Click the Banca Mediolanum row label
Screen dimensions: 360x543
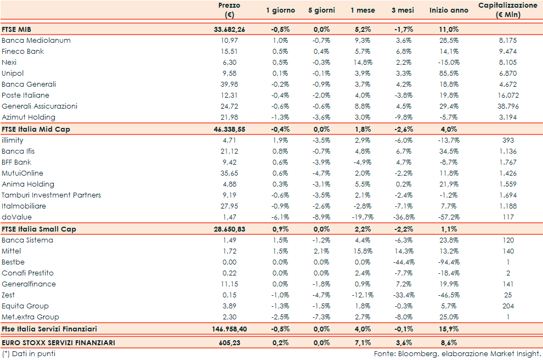click(x=36, y=40)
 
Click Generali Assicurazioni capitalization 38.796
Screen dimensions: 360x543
click(x=507, y=106)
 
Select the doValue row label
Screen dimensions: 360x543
click(x=16, y=217)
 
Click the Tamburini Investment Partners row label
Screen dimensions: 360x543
click(x=51, y=195)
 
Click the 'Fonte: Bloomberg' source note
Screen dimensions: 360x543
click(x=457, y=354)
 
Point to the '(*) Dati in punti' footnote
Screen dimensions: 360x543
click(x=29, y=354)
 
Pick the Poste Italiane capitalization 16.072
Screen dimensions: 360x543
click(x=507, y=95)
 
